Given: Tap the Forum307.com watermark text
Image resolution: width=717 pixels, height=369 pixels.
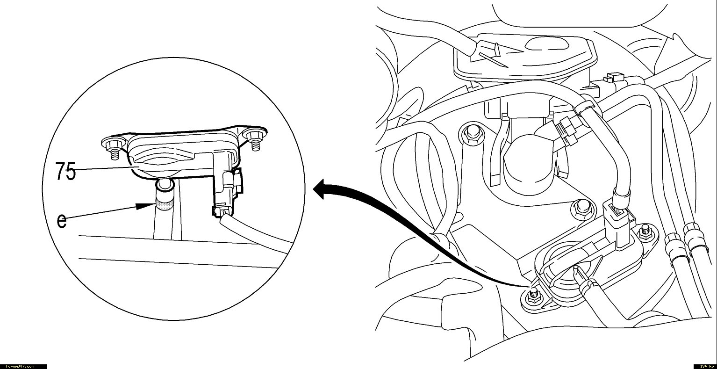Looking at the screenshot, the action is click(x=20, y=366).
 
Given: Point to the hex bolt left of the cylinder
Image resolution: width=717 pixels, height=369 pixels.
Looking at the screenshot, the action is click(x=472, y=133).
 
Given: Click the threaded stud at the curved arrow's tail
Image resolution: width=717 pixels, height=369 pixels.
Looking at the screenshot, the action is click(x=533, y=295).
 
